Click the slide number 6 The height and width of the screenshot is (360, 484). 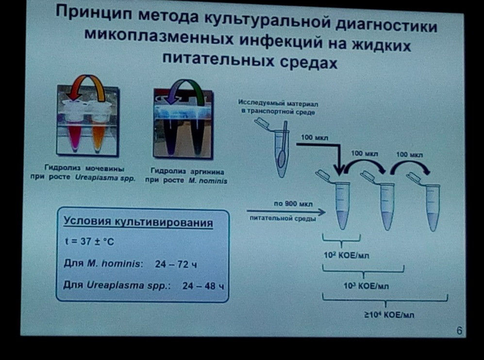pyautogui.click(x=459, y=330)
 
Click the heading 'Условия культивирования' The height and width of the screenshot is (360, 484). pyautogui.click(x=138, y=222)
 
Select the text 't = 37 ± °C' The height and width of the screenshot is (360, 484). pyautogui.click(x=89, y=241)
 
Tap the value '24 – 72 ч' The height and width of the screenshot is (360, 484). pyautogui.click(x=176, y=264)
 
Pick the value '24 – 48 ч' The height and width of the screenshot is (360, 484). pyautogui.click(x=203, y=286)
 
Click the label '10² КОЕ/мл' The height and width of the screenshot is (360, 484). pyautogui.click(x=346, y=255)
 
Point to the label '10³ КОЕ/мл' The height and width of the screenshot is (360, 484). pyautogui.click(x=366, y=286)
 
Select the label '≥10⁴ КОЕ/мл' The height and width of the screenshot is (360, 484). pyautogui.click(x=389, y=315)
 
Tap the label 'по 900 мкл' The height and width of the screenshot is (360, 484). pyautogui.click(x=293, y=204)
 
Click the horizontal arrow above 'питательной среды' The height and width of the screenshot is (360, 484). pyautogui.click(x=286, y=212)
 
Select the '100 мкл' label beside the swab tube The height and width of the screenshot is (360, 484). pyautogui.click(x=315, y=138)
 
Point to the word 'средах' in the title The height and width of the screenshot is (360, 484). pyautogui.click(x=308, y=62)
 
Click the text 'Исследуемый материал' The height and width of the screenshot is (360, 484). pyautogui.click(x=278, y=103)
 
